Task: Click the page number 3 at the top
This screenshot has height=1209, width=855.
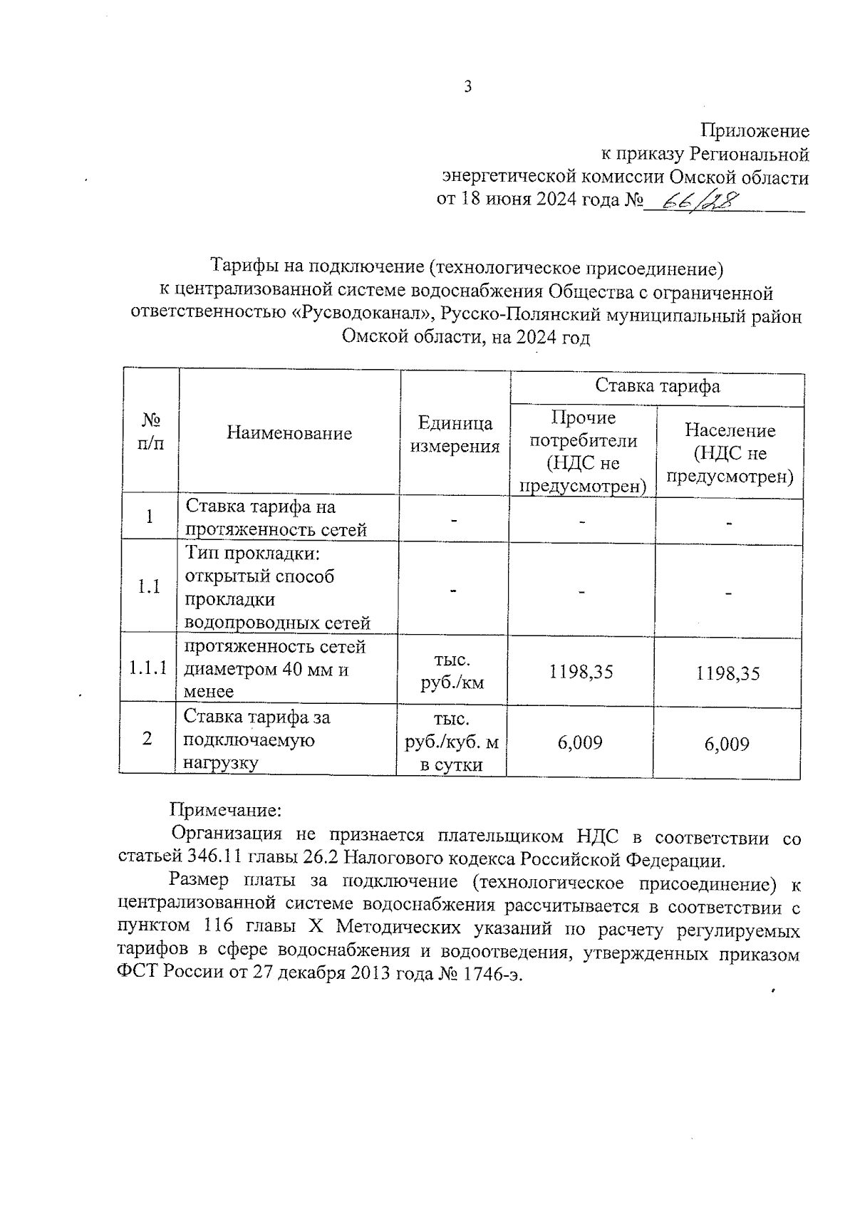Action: click(468, 87)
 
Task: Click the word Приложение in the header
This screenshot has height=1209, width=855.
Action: click(755, 131)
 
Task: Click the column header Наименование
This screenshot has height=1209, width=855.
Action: click(289, 433)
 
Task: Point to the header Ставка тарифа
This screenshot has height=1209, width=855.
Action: click(657, 386)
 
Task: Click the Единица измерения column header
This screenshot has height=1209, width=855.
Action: click(455, 435)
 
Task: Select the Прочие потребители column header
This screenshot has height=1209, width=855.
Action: click(583, 452)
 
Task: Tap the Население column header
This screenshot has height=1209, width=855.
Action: click(730, 453)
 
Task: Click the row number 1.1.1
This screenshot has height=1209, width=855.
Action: click(148, 668)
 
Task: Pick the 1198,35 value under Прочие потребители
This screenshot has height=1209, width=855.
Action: click(581, 672)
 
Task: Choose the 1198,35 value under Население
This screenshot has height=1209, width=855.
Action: click(728, 673)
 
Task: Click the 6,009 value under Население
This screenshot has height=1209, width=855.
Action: click(727, 744)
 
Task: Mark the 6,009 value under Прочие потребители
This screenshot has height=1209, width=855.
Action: click(580, 743)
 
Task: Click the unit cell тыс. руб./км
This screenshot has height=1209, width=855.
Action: click(452, 671)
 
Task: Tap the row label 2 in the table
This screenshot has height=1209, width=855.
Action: click(147, 739)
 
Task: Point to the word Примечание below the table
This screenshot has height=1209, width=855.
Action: click(226, 810)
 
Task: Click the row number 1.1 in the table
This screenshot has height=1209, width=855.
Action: click(149, 587)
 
